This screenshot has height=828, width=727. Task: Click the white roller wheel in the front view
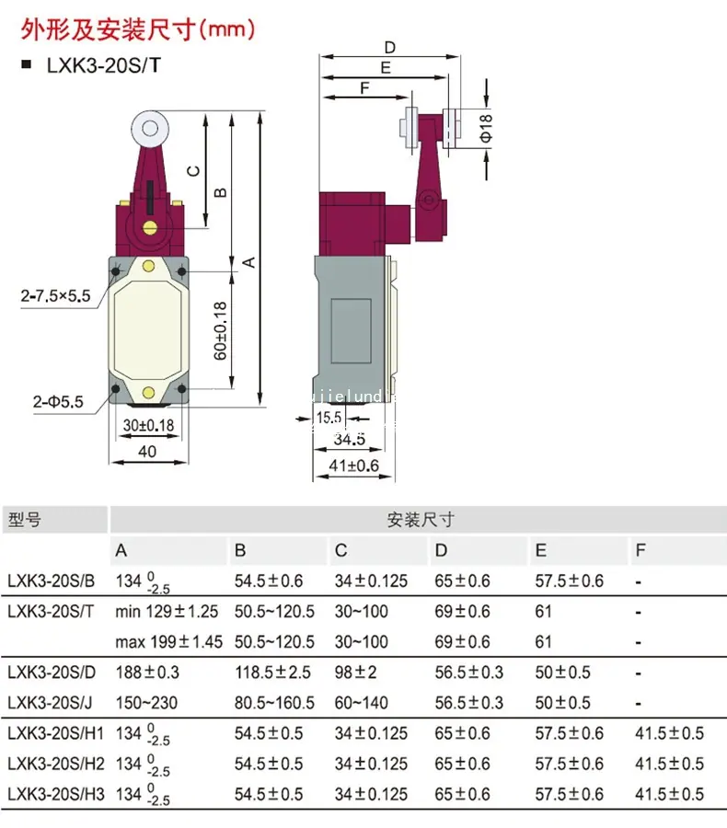pos(150,129)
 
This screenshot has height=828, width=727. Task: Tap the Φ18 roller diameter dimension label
pos(486,128)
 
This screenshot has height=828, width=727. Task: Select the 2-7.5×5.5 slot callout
pos(55,295)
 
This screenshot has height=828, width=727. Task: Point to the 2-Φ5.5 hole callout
pos(58,402)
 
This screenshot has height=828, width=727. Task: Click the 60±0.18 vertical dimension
pos(220,331)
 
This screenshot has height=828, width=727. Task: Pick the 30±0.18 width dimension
pos(148,425)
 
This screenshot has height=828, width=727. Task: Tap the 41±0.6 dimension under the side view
pos(354,466)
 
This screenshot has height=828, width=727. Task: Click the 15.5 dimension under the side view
pos(329,418)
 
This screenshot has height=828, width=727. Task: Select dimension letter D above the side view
pos(390,48)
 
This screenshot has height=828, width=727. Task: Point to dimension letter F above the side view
pos(364,88)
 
